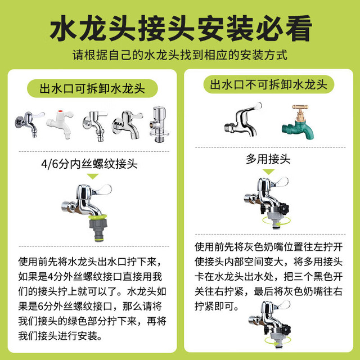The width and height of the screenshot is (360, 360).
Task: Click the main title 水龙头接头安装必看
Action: [181, 28]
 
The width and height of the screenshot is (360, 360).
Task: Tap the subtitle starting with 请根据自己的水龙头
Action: [180, 55]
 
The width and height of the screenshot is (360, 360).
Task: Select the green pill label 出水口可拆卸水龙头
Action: [92, 88]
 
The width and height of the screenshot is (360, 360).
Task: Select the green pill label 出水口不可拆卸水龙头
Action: [269, 84]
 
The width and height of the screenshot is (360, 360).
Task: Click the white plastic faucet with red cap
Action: [60, 124]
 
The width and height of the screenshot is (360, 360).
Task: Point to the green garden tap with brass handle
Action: [298, 122]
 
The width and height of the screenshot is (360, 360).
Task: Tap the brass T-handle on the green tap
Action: [300, 107]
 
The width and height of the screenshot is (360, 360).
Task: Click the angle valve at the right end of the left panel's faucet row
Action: [159, 124]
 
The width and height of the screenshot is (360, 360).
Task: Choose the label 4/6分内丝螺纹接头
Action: [89, 164]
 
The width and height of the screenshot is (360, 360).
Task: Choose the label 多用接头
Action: [268, 159]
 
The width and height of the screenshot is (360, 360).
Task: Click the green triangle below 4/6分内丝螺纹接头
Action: [93, 176]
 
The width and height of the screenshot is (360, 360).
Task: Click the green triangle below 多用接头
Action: [268, 172]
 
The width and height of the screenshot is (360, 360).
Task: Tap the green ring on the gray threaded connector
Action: [98, 217]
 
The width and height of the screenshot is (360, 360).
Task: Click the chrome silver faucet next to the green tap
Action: [243, 120]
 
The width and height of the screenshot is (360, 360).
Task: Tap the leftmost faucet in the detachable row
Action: [30, 124]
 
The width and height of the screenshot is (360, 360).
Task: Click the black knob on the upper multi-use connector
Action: [283, 209]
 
